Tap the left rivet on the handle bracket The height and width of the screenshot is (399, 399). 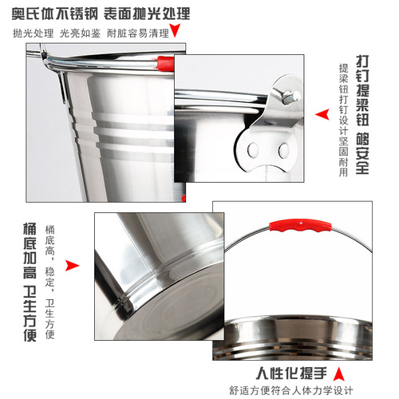254,148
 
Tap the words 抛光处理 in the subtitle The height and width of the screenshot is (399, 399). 31,34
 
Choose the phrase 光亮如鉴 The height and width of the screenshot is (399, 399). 77,34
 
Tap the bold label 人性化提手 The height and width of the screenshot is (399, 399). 293,373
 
